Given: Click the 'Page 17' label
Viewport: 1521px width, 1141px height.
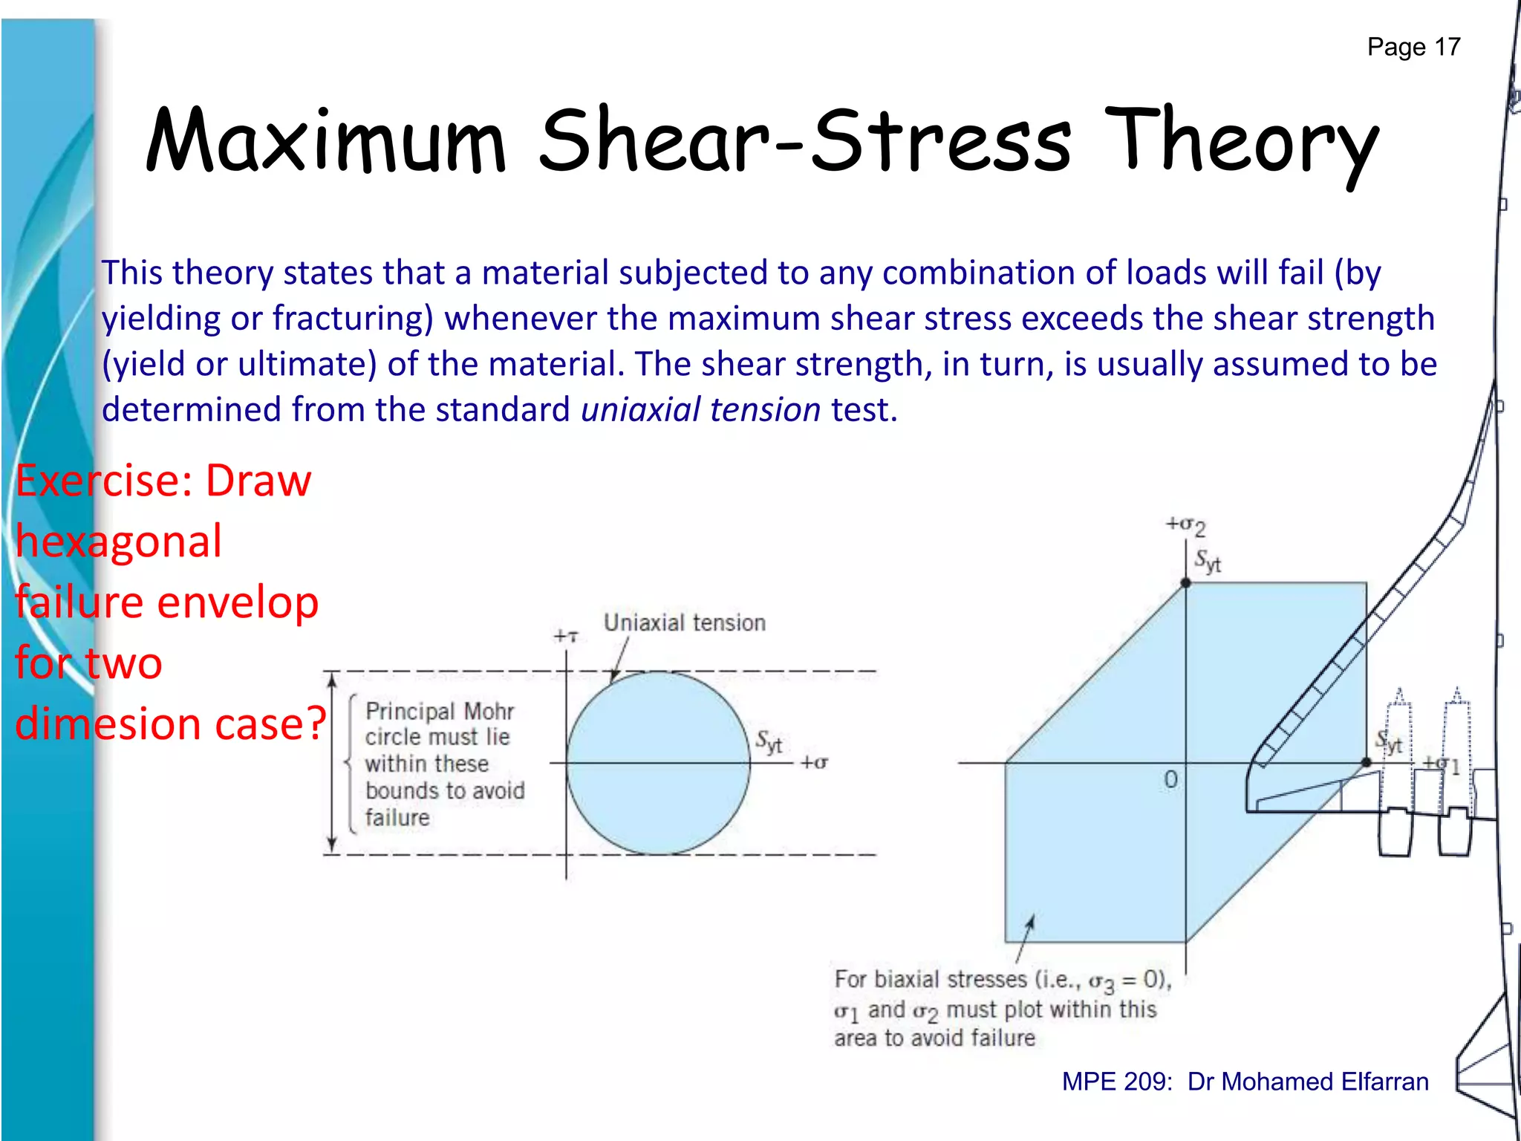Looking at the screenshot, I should [x=1413, y=47].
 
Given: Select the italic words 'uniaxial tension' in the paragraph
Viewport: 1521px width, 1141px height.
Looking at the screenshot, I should [x=700, y=410].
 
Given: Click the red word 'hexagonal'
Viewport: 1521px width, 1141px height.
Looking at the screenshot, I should [x=119, y=542].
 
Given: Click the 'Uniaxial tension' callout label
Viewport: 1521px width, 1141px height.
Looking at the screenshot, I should [x=684, y=622].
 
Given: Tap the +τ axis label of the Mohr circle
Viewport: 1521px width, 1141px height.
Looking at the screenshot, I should [x=565, y=637].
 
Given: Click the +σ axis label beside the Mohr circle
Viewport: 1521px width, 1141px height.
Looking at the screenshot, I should [x=814, y=763].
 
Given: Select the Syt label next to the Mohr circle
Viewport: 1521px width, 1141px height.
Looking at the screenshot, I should [x=769, y=741].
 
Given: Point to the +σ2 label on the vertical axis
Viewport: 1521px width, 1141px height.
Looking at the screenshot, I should [x=1185, y=525].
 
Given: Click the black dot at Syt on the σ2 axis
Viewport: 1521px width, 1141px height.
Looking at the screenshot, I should [x=1186, y=583].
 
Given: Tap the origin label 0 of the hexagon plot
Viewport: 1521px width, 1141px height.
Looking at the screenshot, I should [x=1170, y=779].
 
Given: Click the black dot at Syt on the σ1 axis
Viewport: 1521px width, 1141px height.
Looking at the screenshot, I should [x=1366, y=763].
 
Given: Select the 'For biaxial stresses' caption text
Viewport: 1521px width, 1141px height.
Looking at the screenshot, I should [x=1002, y=1009].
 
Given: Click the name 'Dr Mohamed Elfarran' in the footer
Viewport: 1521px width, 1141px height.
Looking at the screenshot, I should [x=1307, y=1082].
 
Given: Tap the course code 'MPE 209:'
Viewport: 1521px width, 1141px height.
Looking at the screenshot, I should [x=1117, y=1082].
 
